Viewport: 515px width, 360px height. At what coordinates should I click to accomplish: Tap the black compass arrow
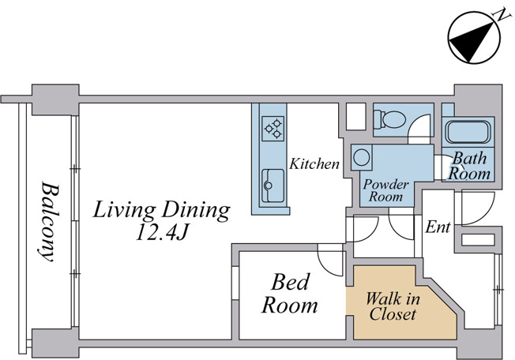[x=472, y=42]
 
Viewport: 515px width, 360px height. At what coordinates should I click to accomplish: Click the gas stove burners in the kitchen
[x=273, y=129]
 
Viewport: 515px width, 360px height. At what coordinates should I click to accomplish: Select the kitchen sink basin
[x=273, y=186]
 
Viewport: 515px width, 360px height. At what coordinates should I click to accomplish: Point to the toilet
[x=389, y=119]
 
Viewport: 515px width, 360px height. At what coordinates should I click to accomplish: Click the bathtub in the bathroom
[x=468, y=132]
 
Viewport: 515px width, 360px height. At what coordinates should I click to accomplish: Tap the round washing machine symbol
[x=362, y=158]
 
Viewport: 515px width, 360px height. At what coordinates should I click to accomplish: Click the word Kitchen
[x=314, y=163]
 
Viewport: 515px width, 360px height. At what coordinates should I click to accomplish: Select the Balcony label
[x=49, y=222]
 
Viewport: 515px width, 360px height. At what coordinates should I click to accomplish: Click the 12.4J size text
[x=161, y=233]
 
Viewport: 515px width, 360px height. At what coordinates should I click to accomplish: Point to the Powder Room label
[x=386, y=190]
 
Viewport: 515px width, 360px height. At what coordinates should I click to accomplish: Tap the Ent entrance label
[x=438, y=227]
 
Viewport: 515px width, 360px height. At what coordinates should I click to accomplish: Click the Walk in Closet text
[x=393, y=306]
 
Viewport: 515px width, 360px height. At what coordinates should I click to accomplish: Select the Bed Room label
[x=290, y=294]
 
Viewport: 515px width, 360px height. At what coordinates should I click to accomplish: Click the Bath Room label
[x=469, y=166]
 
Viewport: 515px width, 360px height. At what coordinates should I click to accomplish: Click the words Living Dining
[x=161, y=210]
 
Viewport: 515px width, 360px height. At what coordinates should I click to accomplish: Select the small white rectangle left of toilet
[x=356, y=117]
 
